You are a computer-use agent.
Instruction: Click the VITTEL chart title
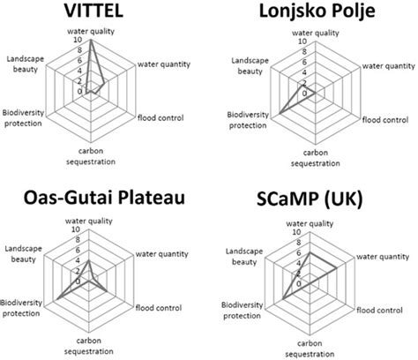point(93,12)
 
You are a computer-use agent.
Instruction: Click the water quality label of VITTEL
point(93,33)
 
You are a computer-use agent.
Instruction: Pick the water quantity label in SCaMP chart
point(384,258)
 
